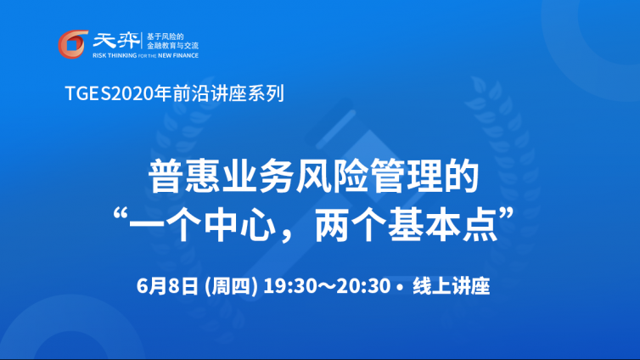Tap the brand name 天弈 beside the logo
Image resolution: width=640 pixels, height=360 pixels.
click(x=116, y=41)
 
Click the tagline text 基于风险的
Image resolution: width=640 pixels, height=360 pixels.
click(x=166, y=37)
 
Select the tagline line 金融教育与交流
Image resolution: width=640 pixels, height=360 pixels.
click(x=172, y=46)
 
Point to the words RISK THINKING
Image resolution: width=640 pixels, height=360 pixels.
click(x=115, y=55)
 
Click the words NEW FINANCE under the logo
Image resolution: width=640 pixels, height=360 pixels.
click(x=178, y=55)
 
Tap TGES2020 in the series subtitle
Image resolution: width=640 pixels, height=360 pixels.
click(x=109, y=93)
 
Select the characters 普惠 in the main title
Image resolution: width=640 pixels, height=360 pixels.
click(x=185, y=177)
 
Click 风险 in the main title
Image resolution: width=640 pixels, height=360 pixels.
click(x=332, y=177)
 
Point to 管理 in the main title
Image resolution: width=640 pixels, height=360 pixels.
click(x=406, y=177)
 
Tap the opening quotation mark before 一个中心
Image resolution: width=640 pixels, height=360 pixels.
click(x=121, y=215)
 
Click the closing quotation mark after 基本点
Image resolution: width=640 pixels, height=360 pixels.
click(x=506, y=215)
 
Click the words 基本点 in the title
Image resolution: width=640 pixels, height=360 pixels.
click(x=442, y=225)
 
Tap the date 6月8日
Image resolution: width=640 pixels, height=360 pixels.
click(x=167, y=286)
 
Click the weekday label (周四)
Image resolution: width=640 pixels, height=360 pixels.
click(x=231, y=286)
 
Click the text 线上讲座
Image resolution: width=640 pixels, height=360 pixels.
click(x=451, y=286)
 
